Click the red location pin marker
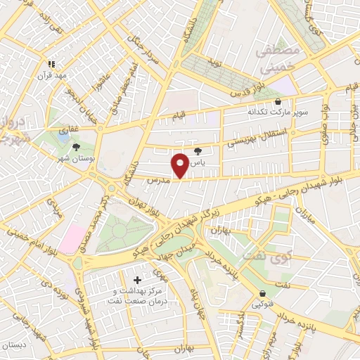point(180,165)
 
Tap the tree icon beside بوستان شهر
point(75,146)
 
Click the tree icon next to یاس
point(197,150)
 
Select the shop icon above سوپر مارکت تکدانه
point(278,101)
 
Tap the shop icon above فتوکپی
point(263,294)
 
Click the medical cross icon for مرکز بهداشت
point(137,281)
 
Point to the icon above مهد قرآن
point(51,64)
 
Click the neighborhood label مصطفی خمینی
point(279,61)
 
